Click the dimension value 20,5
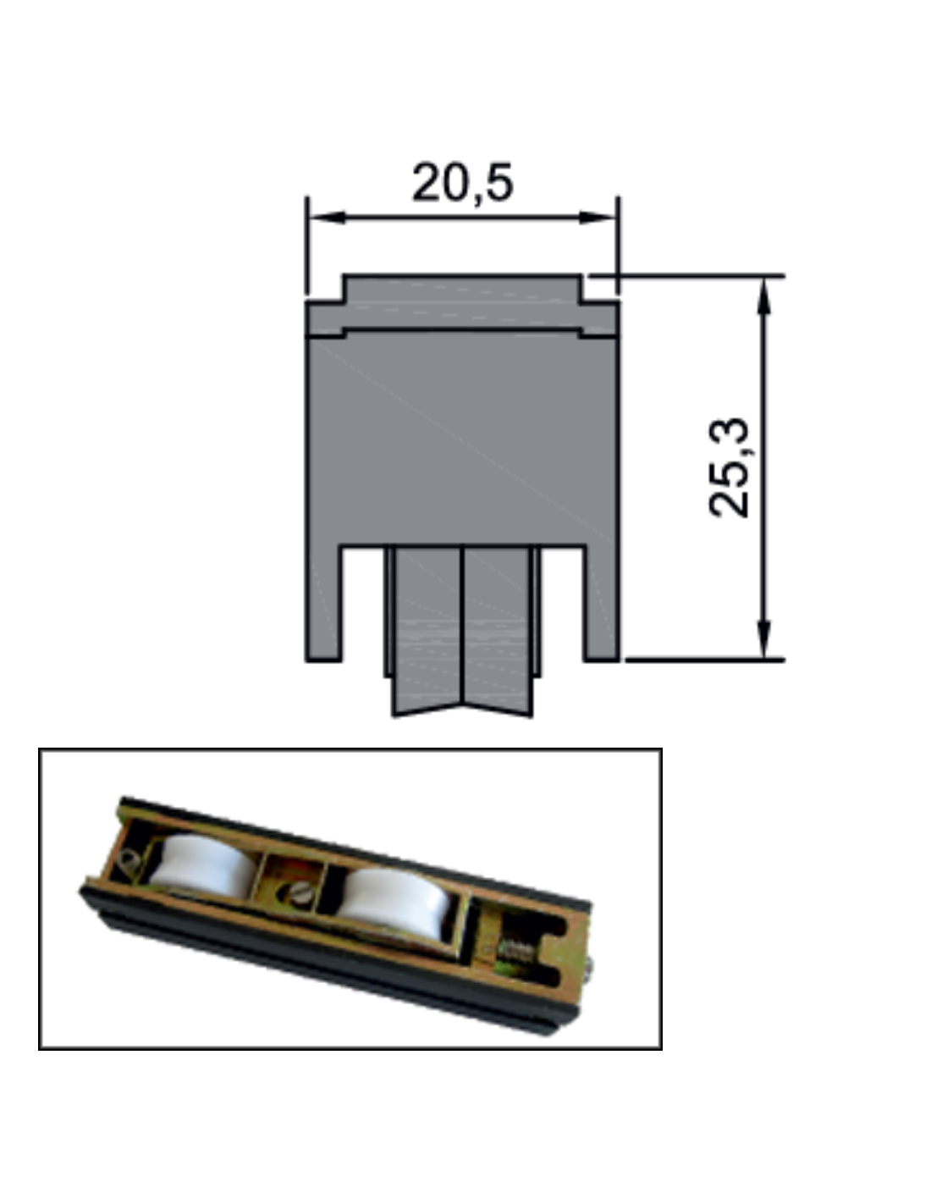462,182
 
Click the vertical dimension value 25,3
729,467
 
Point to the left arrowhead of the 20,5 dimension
328,218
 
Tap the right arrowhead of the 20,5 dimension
597,218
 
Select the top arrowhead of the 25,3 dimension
763,295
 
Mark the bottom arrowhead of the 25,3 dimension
763,640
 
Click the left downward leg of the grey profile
323,604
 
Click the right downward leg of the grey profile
602,604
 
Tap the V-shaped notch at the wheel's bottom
462,710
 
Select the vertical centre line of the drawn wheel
462,626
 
